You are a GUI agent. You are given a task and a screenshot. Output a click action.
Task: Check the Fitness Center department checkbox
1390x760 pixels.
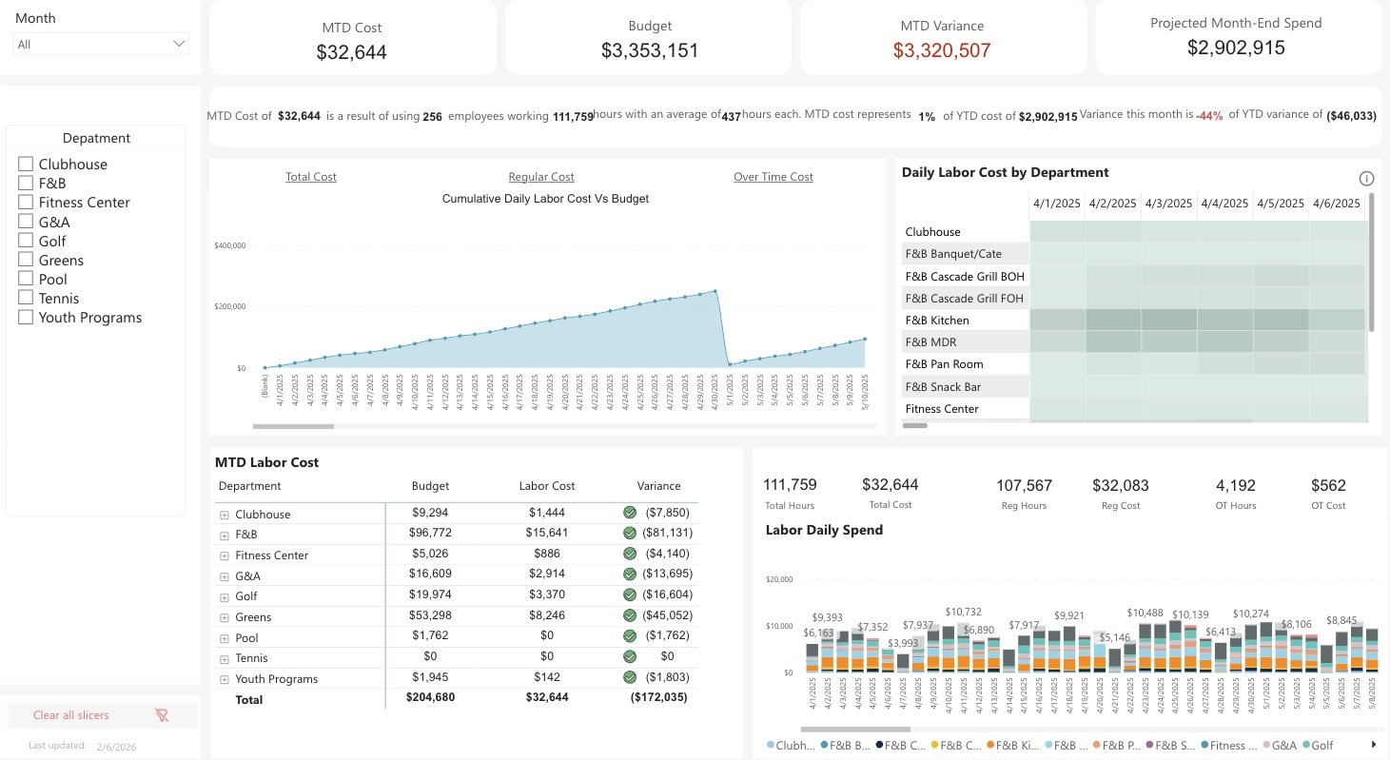(x=26, y=203)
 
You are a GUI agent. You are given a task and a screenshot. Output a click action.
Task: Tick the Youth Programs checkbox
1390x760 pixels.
(x=26, y=318)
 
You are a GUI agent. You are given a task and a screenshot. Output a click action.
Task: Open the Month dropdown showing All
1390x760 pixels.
(x=101, y=44)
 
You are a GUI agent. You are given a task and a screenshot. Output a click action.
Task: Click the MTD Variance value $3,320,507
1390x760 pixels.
(x=942, y=51)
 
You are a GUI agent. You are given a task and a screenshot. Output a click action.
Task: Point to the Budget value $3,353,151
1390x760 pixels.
(x=650, y=51)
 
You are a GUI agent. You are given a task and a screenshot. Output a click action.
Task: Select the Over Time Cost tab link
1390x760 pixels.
(x=773, y=177)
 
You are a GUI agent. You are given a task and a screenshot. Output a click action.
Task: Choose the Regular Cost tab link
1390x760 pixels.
(x=541, y=177)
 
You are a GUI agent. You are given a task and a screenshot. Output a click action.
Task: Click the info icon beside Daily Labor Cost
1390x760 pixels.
(x=1366, y=179)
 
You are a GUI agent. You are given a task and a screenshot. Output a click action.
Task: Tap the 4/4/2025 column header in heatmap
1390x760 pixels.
(x=1224, y=204)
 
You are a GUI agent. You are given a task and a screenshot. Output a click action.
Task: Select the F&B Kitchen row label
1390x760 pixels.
(x=937, y=321)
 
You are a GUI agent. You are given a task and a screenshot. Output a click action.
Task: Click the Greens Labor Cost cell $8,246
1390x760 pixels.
(x=546, y=615)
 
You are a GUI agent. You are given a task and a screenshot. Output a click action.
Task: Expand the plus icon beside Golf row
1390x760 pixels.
(x=225, y=596)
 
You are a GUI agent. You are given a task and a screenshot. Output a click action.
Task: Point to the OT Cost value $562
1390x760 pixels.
(x=1328, y=485)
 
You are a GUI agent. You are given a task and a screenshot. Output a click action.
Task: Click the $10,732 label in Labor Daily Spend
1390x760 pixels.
(x=963, y=612)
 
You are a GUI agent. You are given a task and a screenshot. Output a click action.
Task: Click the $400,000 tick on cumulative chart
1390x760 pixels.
(x=231, y=245)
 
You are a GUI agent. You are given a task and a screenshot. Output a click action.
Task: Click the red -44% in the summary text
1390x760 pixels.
(x=1209, y=115)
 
